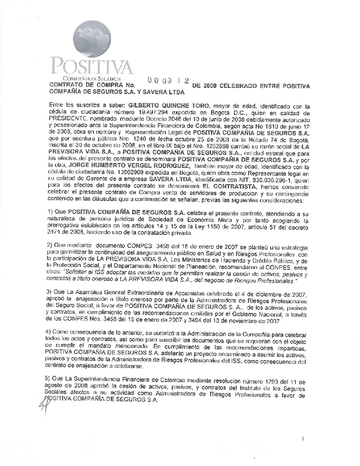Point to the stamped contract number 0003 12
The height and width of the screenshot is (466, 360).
click(x=168, y=81)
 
